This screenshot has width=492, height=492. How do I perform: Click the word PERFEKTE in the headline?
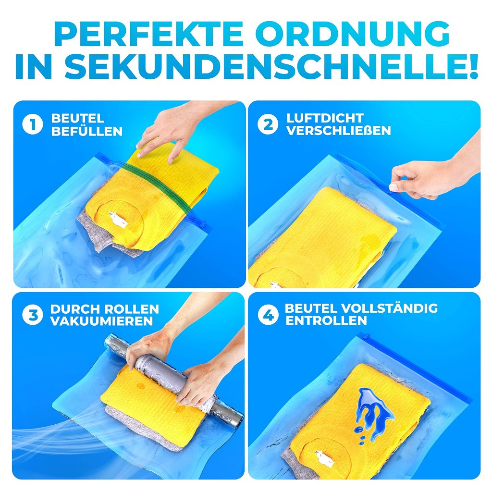[x=149, y=34]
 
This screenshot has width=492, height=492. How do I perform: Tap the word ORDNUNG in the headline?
[x=353, y=34]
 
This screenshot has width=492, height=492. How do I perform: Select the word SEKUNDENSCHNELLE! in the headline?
[x=271, y=66]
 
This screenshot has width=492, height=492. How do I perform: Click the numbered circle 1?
[x=33, y=124]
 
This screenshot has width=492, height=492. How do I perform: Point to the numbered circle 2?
[x=268, y=124]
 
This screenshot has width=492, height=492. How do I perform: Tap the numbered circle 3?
[x=33, y=315]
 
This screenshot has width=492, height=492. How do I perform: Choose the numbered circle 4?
[x=268, y=315]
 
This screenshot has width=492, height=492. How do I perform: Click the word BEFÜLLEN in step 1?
[x=86, y=131]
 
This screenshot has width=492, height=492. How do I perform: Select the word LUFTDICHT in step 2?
[x=325, y=118]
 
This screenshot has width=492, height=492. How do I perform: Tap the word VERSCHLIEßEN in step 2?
[x=338, y=131]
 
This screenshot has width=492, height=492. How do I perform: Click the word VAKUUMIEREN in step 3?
[x=101, y=321]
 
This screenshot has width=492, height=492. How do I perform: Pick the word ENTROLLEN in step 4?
[x=326, y=320]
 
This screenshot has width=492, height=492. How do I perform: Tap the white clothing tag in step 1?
[x=118, y=219]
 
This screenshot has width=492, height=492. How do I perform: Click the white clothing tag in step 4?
[x=325, y=458]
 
